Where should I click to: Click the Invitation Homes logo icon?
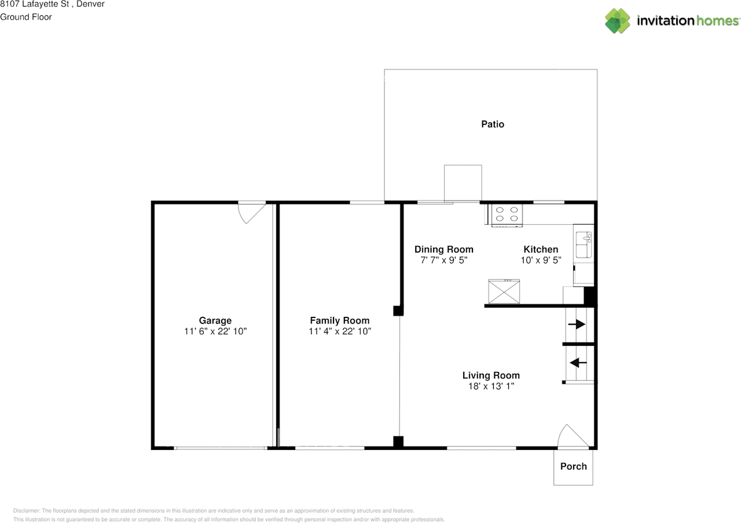click(x=618, y=21)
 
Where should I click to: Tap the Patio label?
click(x=493, y=124)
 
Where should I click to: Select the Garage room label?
click(x=215, y=320)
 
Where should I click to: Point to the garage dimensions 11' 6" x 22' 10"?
click(x=215, y=331)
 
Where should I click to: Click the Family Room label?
click(x=339, y=320)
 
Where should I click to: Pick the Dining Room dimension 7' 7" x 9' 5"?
click(x=443, y=261)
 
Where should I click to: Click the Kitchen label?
click(x=541, y=250)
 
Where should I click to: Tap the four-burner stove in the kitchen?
click(x=507, y=215)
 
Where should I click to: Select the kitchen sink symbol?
click(x=584, y=244)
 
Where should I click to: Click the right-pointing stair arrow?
click(x=577, y=325)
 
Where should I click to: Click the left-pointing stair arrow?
click(x=578, y=363)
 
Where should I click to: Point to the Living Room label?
click(x=491, y=375)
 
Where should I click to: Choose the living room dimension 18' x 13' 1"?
click(x=491, y=386)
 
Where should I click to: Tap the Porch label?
click(x=573, y=466)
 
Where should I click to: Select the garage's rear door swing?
click(x=252, y=213)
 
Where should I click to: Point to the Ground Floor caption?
click(x=26, y=17)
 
